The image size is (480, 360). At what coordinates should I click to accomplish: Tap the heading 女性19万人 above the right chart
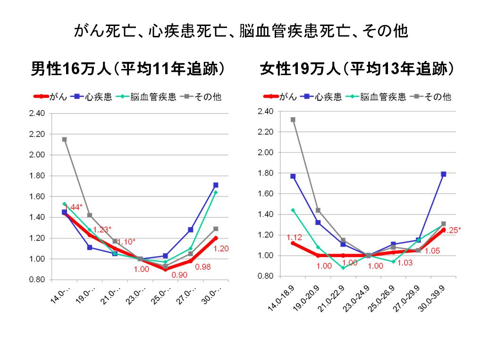pos(357,69)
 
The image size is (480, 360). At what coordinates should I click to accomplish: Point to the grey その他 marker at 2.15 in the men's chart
pos(64,139)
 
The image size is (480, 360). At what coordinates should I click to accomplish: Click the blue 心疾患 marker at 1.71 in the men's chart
pos(216,185)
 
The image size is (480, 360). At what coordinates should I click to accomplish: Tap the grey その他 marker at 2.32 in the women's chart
pos(293,120)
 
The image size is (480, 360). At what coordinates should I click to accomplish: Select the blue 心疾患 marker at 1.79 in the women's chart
pos(443,174)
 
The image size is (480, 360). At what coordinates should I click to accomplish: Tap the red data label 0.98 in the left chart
pos(202,267)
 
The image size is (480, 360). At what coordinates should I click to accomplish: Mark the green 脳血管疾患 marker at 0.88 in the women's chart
pos(343,268)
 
